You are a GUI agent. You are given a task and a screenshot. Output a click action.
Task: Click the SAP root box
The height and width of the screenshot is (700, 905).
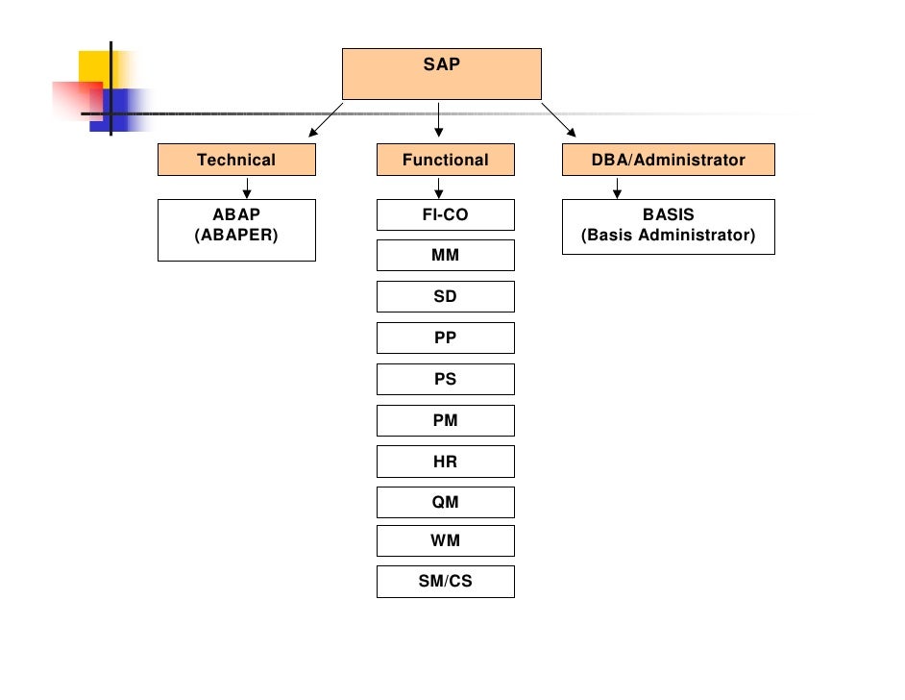tap(442, 74)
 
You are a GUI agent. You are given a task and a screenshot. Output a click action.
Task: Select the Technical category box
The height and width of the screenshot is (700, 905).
tap(236, 161)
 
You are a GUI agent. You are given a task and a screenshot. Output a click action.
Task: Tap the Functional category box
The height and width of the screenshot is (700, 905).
tap(445, 161)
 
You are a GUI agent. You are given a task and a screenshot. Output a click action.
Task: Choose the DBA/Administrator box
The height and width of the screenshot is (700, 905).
tap(668, 161)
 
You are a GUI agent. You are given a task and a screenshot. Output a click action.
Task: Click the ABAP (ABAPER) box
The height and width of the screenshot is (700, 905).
tap(236, 230)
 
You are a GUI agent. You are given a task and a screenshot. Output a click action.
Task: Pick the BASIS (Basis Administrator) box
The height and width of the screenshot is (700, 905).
tap(668, 227)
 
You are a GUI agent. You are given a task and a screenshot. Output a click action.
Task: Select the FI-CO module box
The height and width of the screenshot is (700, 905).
tap(445, 215)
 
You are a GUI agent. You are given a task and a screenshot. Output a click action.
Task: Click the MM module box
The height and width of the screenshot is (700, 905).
tap(445, 256)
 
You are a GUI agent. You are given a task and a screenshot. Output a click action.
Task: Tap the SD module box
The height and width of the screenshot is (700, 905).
tap(445, 297)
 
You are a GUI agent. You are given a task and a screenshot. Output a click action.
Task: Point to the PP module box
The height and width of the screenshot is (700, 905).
tap(445, 338)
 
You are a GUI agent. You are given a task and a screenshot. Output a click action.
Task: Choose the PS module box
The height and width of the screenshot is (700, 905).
tap(445, 380)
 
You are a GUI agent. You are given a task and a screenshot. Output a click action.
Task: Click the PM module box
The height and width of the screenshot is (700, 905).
tap(445, 421)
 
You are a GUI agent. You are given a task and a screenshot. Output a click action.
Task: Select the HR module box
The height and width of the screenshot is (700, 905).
tap(445, 462)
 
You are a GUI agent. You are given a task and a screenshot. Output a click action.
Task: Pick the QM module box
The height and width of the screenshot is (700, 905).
tap(445, 503)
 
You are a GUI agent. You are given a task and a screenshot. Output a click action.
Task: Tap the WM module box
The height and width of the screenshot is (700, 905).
tap(445, 540)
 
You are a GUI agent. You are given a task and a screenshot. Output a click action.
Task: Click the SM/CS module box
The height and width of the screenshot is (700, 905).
tap(445, 582)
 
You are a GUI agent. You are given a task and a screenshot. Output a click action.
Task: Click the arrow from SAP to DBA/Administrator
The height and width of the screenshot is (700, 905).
tap(559, 119)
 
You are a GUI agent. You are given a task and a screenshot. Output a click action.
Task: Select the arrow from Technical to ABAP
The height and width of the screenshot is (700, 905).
tap(247, 187)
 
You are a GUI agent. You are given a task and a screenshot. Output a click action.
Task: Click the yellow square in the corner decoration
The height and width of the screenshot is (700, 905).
tap(95, 64)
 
